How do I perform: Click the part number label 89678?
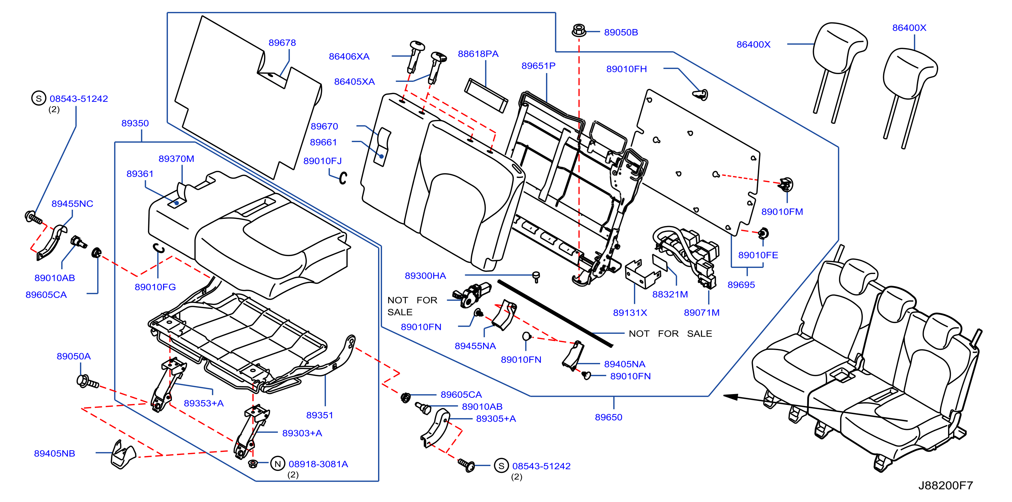[x=282, y=42]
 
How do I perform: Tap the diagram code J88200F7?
[x=946, y=485]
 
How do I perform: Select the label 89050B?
[x=621, y=32]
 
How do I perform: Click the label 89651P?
[x=538, y=66]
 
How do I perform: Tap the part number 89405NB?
[x=54, y=453]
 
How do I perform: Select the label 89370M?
[x=176, y=159]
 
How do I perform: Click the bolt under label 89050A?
[x=88, y=382]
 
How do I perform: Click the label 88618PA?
[x=478, y=54]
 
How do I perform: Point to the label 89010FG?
[x=155, y=287]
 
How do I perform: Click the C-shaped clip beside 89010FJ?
[x=343, y=178]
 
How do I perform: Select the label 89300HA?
[x=425, y=276]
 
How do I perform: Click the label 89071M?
[x=702, y=313]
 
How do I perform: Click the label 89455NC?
[x=72, y=204]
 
